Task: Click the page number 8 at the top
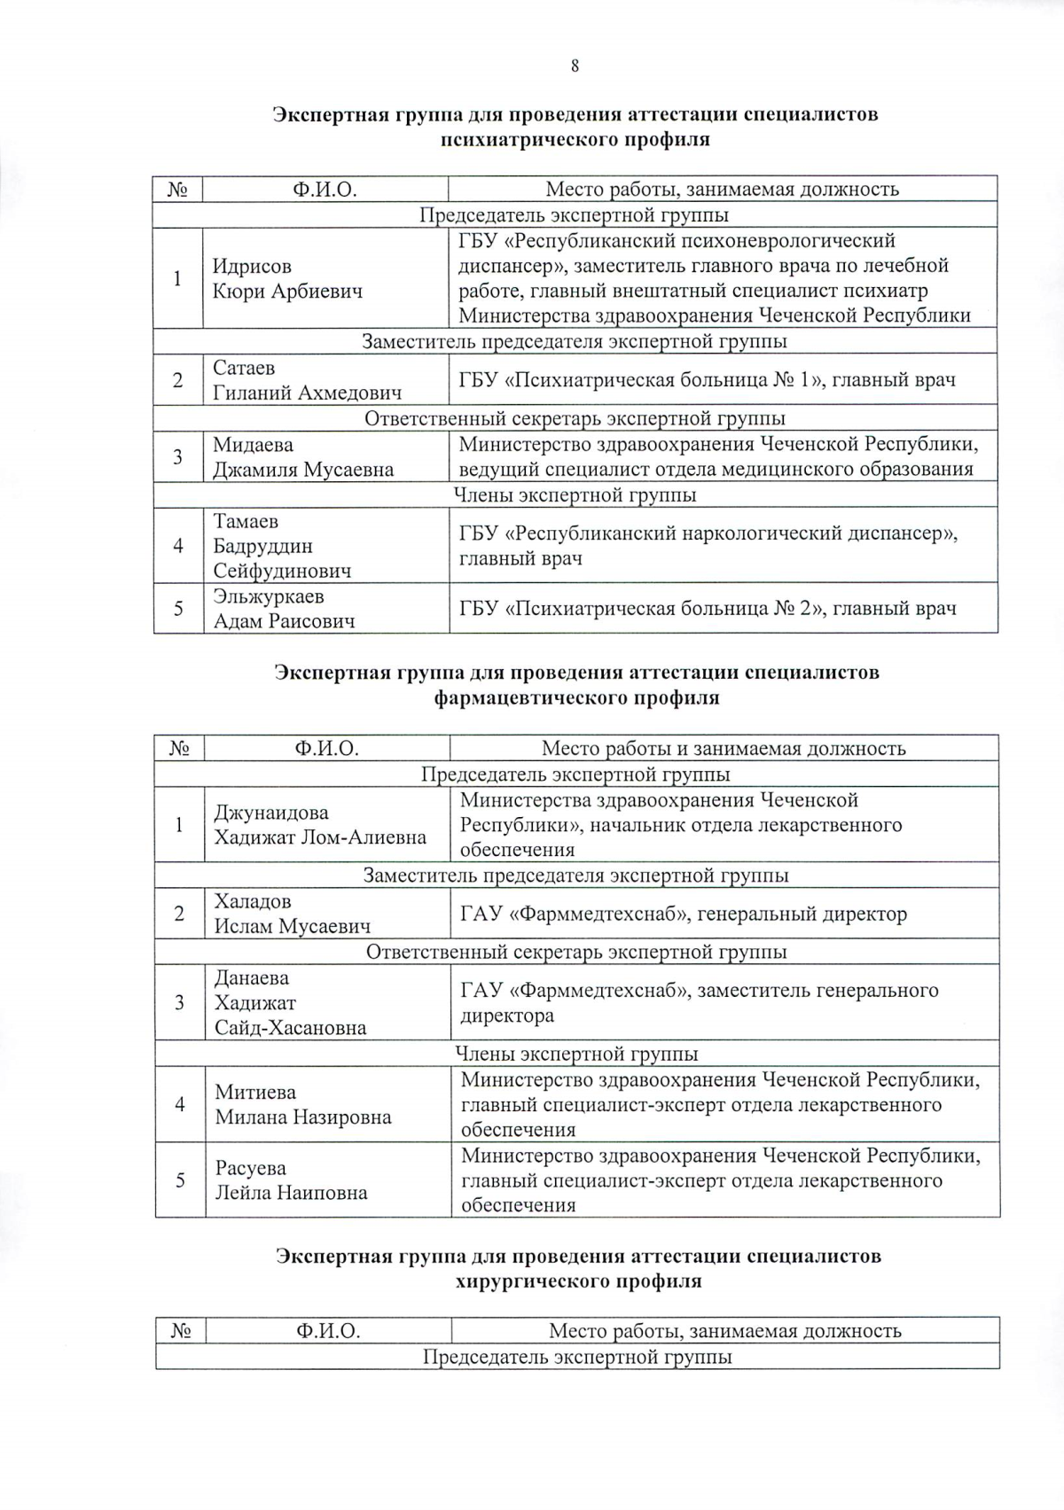[575, 65]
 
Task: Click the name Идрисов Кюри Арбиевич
[287, 278]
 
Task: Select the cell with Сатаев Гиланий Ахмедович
[307, 380]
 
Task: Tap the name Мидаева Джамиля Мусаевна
[302, 457]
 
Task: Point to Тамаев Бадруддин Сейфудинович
[281, 546]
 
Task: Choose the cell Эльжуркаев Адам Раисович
[284, 609]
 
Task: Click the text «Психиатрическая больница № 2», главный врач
[707, 609]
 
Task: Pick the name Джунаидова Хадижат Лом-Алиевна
[319, 825]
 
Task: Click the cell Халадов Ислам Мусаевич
[292, 914]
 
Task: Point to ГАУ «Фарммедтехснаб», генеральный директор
[683, 914]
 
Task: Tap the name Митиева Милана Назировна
[302, 1104]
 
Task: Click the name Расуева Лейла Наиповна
[291, 1180]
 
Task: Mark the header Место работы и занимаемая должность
[723, 749]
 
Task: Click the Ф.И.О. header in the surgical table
[328, 1331]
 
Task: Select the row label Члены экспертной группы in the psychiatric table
[575, 495]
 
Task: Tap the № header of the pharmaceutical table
[179, 749]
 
